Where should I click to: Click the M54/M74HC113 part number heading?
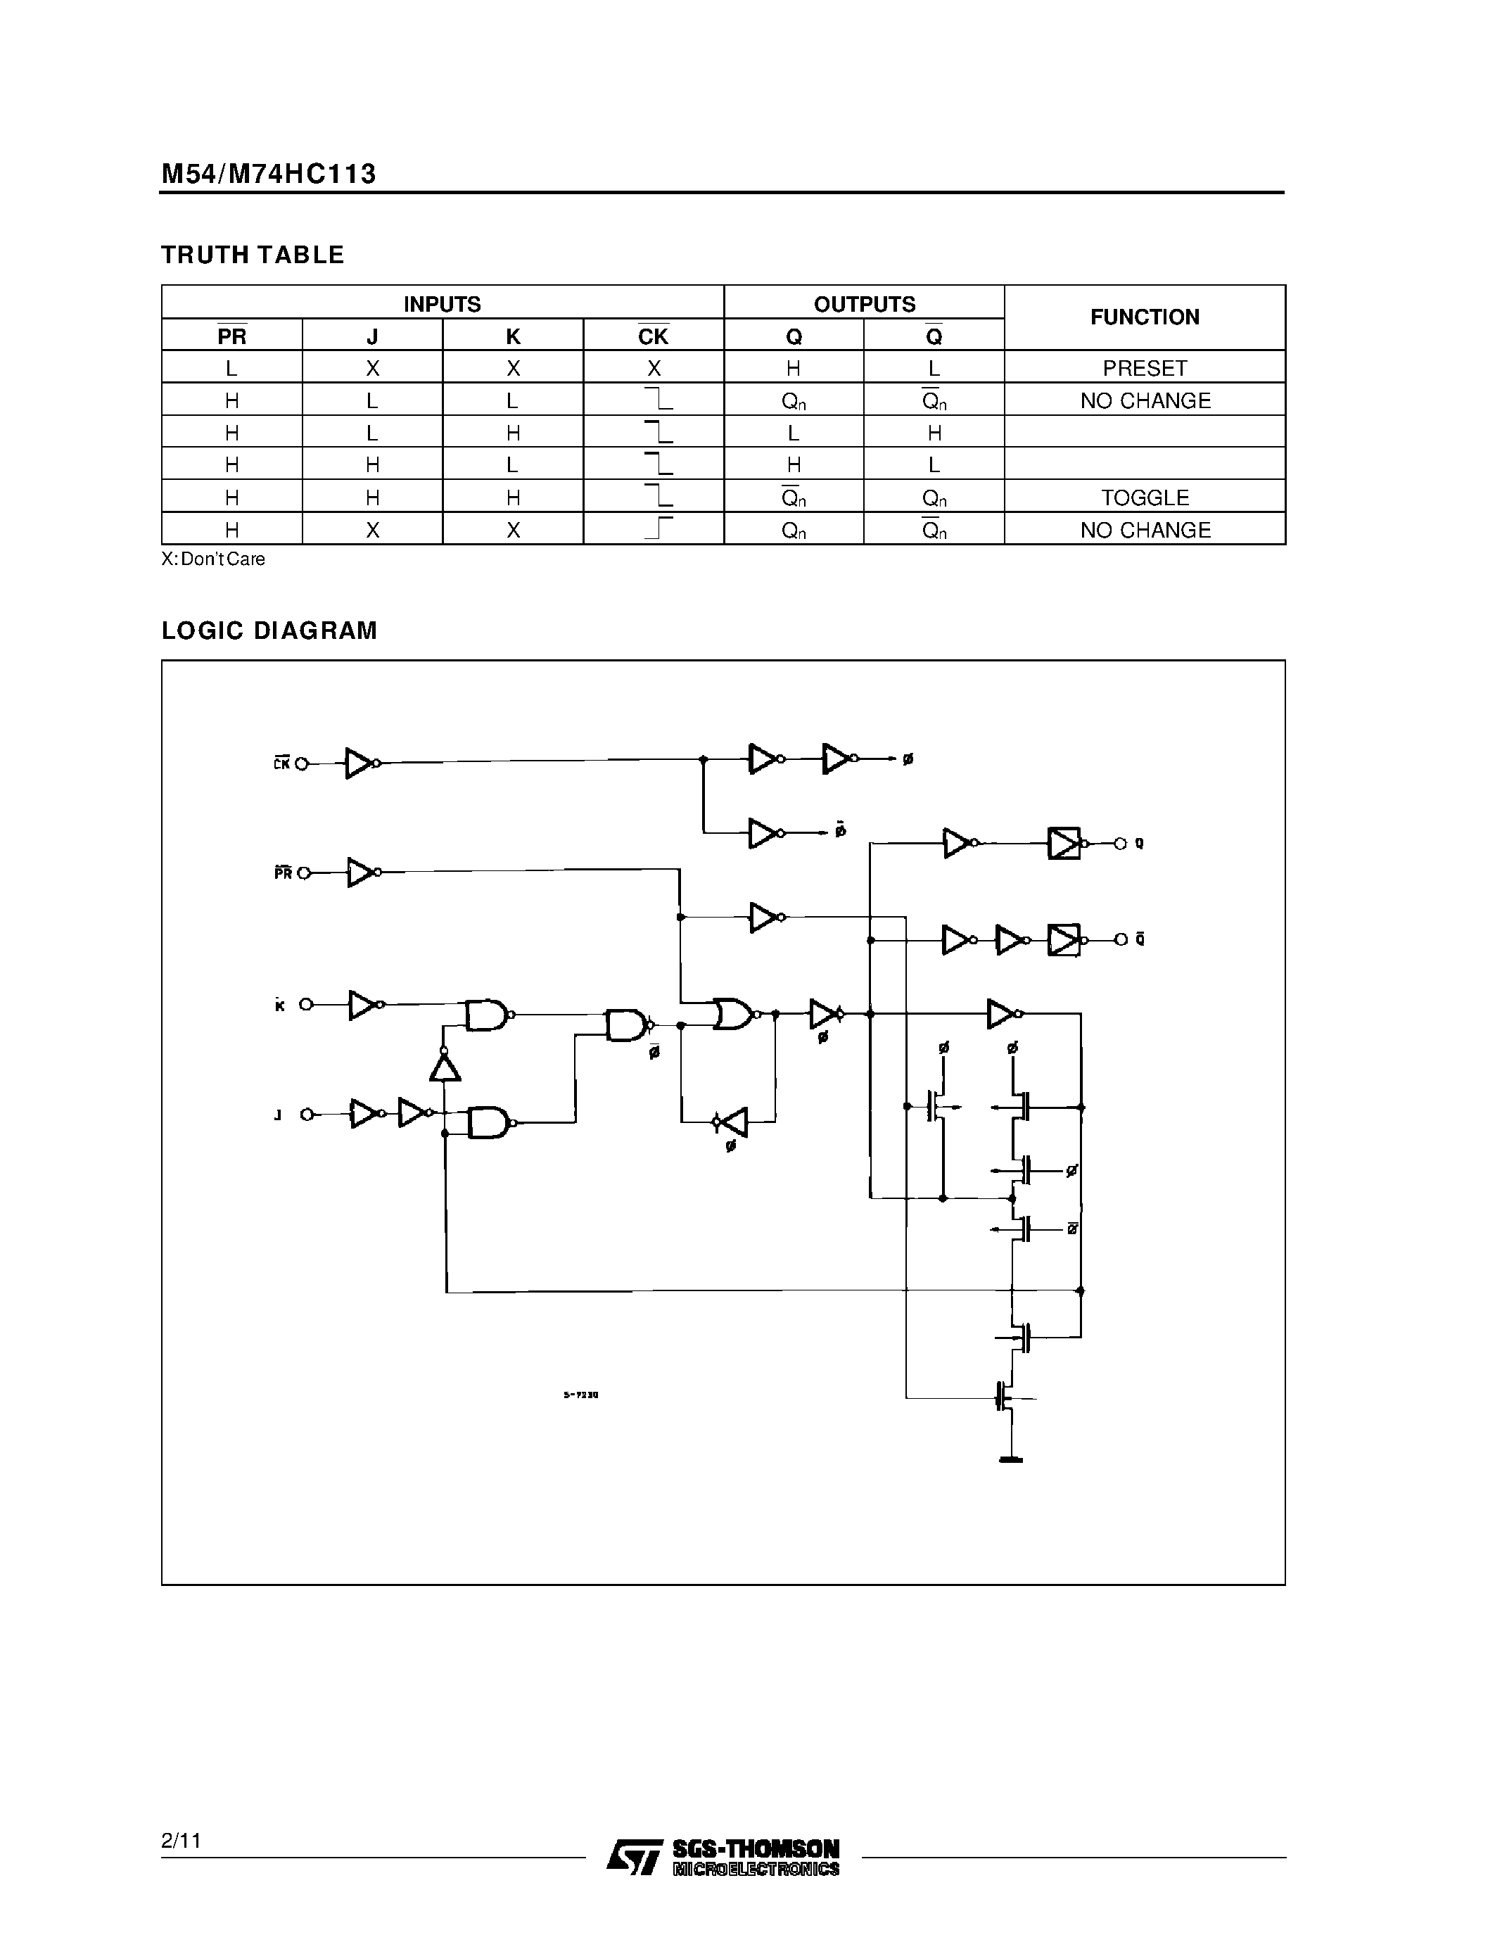tap(268, 174)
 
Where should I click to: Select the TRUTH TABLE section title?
tap(253, 255)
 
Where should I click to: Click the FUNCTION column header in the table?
tap(1144, 317)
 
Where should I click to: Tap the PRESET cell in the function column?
tap(1144, 368)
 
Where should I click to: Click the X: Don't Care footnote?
tap(212, 559)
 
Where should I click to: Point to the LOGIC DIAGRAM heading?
tap(269, 631)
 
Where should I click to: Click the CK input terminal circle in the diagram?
tap(301, 763)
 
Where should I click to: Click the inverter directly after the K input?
tap(364, 1005)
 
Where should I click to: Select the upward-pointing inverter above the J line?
tap(445, 1067)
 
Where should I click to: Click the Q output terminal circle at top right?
tap(1119, 844)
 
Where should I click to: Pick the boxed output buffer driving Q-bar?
tap(1063, 940)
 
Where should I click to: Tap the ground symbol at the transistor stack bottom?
tap(1010, 1459)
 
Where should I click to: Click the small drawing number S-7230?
tap(581, 1395)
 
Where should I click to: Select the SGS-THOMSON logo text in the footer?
tap(755, 1849)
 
